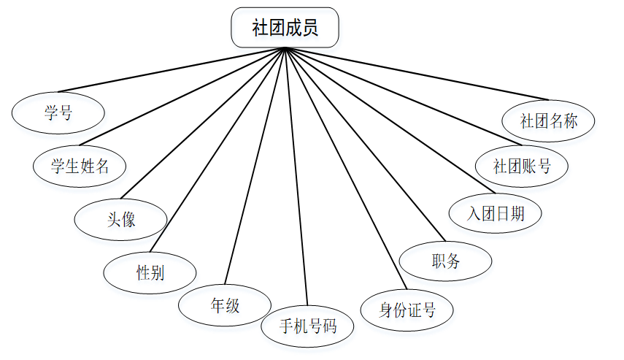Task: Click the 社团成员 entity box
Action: click(x=285, y=28)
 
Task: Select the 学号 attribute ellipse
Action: click(x=58, y=113)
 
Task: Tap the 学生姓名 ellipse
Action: click(x=80, y=165)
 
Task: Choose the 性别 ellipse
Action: click(x=150, y=273)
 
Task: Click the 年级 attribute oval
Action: click(x=225, y=305)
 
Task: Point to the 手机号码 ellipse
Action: click(x=308, y=326)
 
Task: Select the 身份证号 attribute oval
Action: click(x=407, y=310)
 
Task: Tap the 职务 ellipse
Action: click(x=445, y=260)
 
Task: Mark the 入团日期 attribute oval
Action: click(x=496, y=213)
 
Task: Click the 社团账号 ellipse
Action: click(x=522, y=166)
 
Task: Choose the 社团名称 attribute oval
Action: click(x=549, y=120)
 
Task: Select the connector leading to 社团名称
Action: click(x=416, y=74)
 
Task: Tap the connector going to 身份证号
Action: click(x=343, y=167)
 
